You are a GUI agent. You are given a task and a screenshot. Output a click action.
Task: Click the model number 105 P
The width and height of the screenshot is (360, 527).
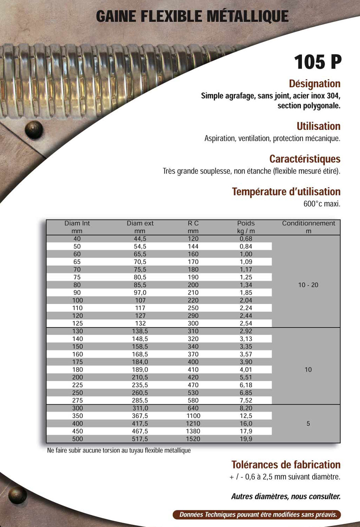pos(318,62)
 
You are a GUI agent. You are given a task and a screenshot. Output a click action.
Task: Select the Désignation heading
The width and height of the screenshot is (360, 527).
pos(314,84)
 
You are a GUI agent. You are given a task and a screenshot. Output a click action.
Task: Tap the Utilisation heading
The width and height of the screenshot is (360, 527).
pos(318,126)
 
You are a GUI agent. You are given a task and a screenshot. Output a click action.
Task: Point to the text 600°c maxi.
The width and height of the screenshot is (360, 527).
pos(322,204)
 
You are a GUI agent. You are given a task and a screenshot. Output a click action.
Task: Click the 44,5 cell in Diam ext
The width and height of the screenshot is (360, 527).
pos(140,239)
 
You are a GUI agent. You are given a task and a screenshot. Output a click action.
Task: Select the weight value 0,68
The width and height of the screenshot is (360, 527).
pos(246,239)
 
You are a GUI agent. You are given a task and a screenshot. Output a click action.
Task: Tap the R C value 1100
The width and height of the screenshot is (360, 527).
pos(193,416)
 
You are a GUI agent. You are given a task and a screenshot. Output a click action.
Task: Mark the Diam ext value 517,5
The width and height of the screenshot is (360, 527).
pos(140,439)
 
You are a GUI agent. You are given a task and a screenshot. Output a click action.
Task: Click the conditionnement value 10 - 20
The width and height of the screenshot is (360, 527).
pos(308,285)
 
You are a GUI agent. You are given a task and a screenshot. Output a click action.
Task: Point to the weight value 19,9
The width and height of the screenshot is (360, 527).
pos(246,439)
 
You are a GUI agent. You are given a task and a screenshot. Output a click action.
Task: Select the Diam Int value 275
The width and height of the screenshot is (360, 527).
pos(77,401)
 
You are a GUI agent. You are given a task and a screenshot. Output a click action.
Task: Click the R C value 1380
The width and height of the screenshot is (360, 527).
pos(193,431)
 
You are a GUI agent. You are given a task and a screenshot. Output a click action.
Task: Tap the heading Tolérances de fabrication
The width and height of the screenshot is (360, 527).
pos(286,465)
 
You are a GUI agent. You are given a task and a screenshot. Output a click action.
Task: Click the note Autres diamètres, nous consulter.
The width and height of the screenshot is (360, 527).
pos(286,496)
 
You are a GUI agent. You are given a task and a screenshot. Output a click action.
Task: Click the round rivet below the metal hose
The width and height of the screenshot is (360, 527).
pos(34,129)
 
